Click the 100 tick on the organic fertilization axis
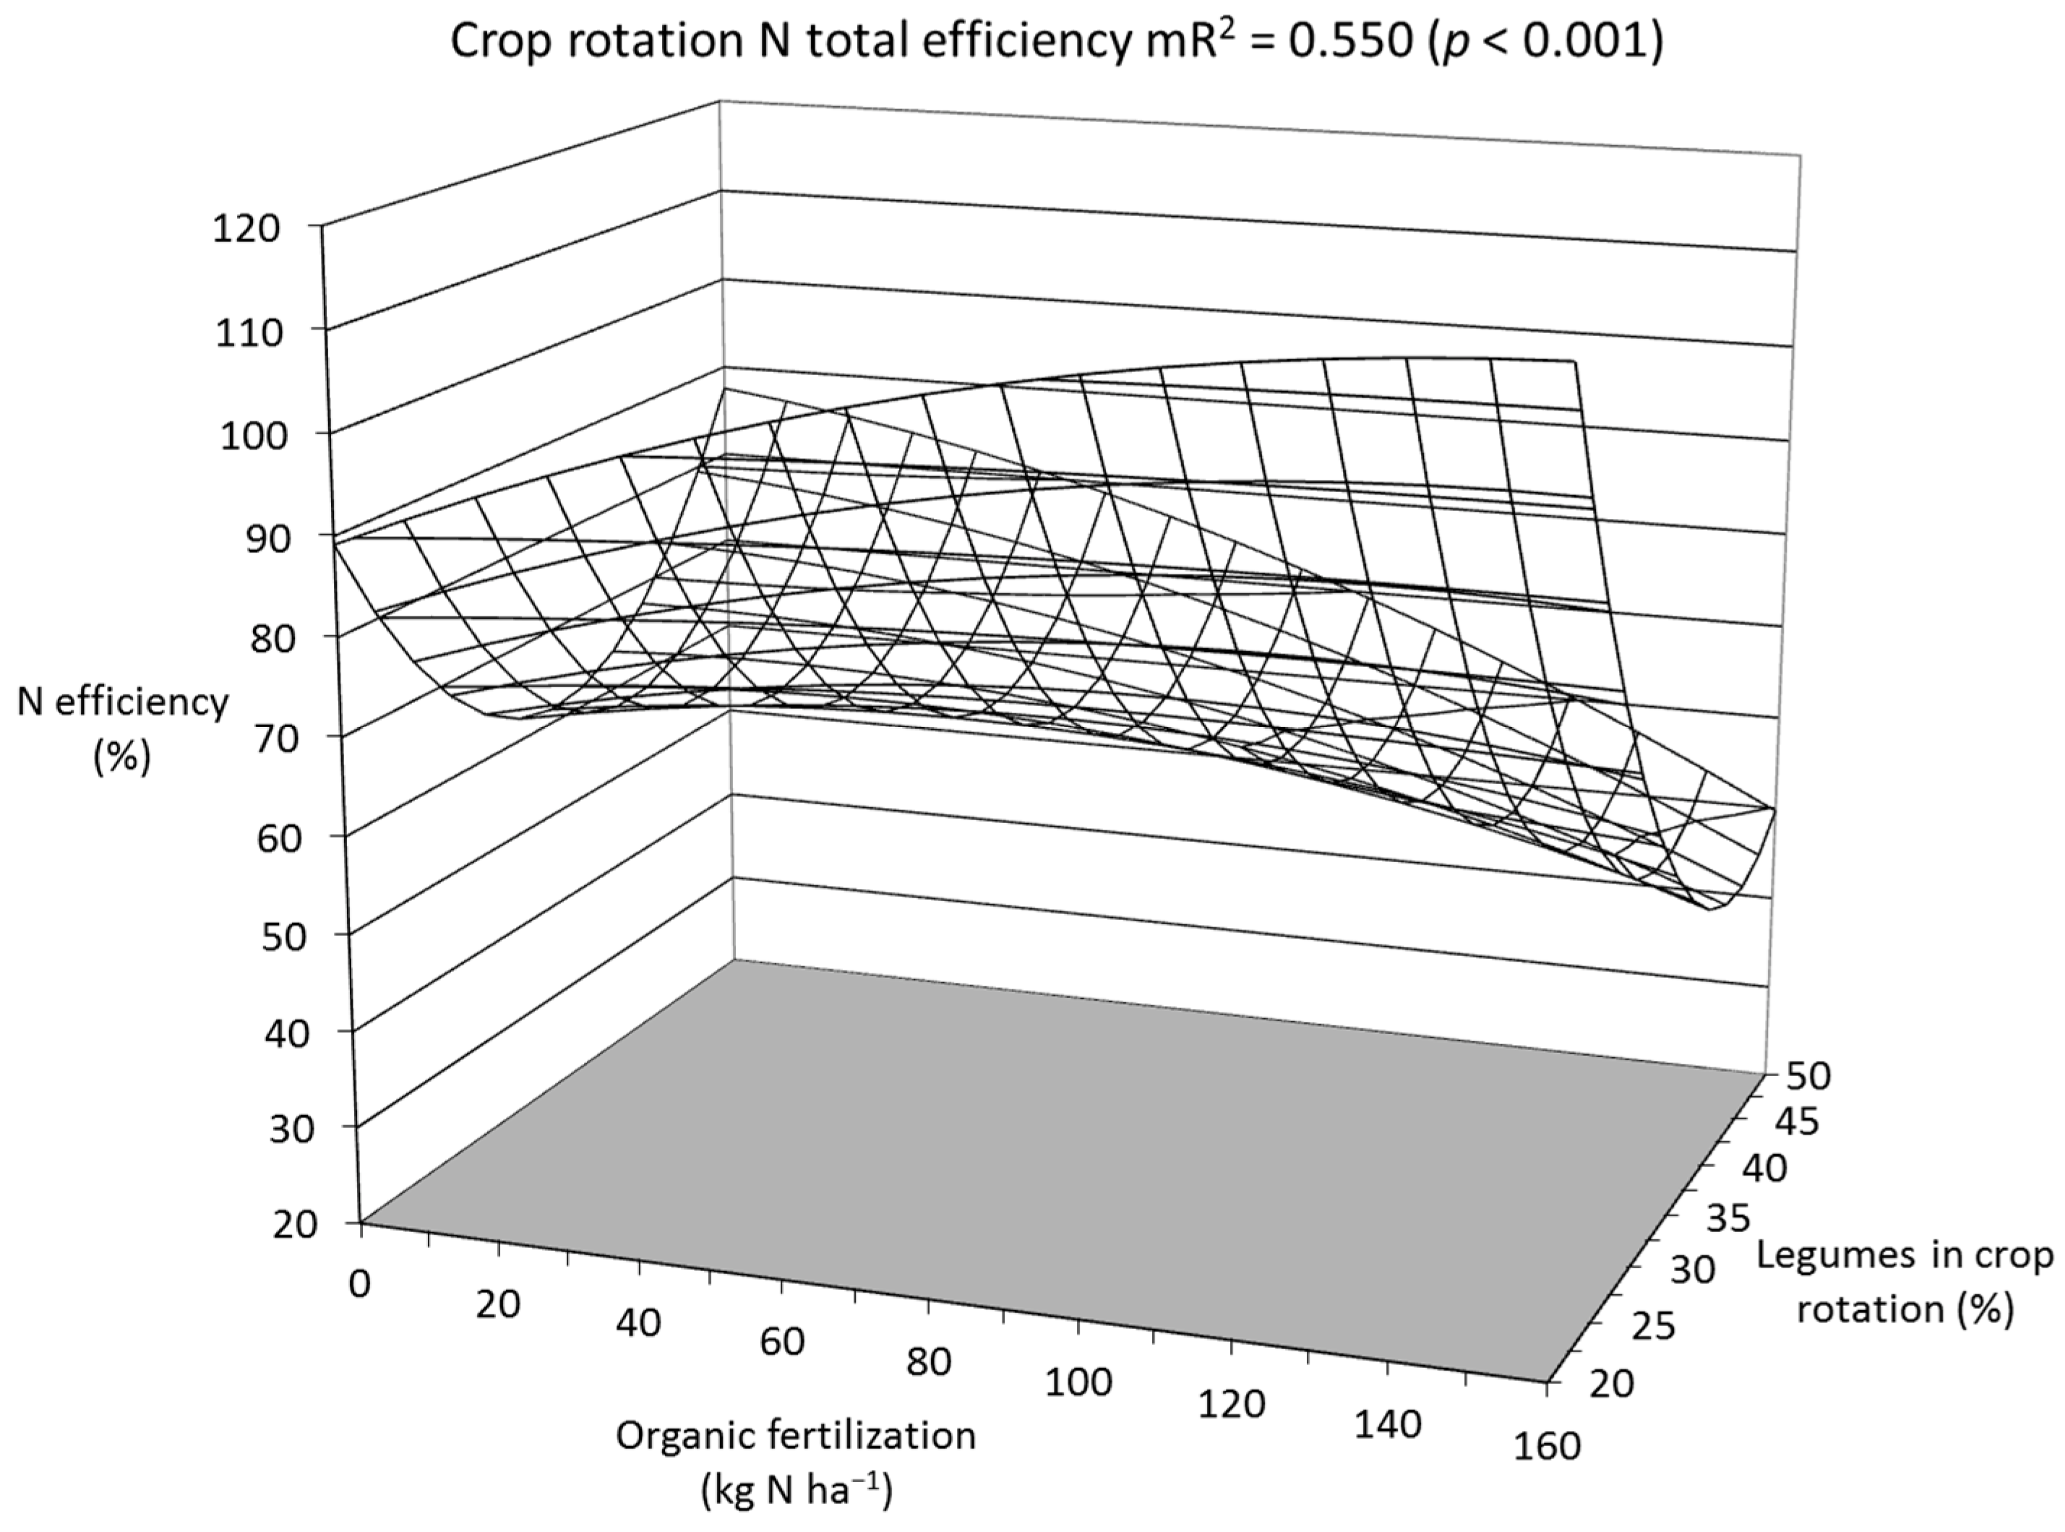click(x=1077, y=1382)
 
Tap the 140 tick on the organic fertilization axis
click(x=1387, y=1424)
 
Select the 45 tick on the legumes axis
click(x=1797, y=1123)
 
